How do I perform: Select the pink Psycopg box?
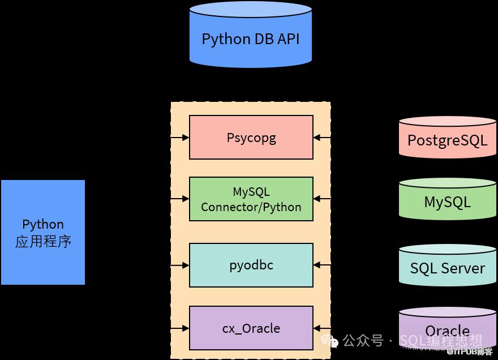(251, 138)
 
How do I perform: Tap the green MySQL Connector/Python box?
(251, 199)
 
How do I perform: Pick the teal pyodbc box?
(251, 265)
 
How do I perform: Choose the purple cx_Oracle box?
(251, 328)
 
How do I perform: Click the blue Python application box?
(43, 232)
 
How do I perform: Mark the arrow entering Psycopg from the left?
(181, 138)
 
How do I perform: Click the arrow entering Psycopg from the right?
(321, 138)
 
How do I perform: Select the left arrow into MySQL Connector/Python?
(181, 199)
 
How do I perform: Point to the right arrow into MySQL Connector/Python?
(321, 199)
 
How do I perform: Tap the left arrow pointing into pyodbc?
(181, 265)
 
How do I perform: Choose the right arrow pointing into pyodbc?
(321, 265)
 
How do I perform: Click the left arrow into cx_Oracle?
(181, 328)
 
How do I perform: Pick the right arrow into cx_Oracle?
(321, 328)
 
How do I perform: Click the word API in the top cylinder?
(288, 40)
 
